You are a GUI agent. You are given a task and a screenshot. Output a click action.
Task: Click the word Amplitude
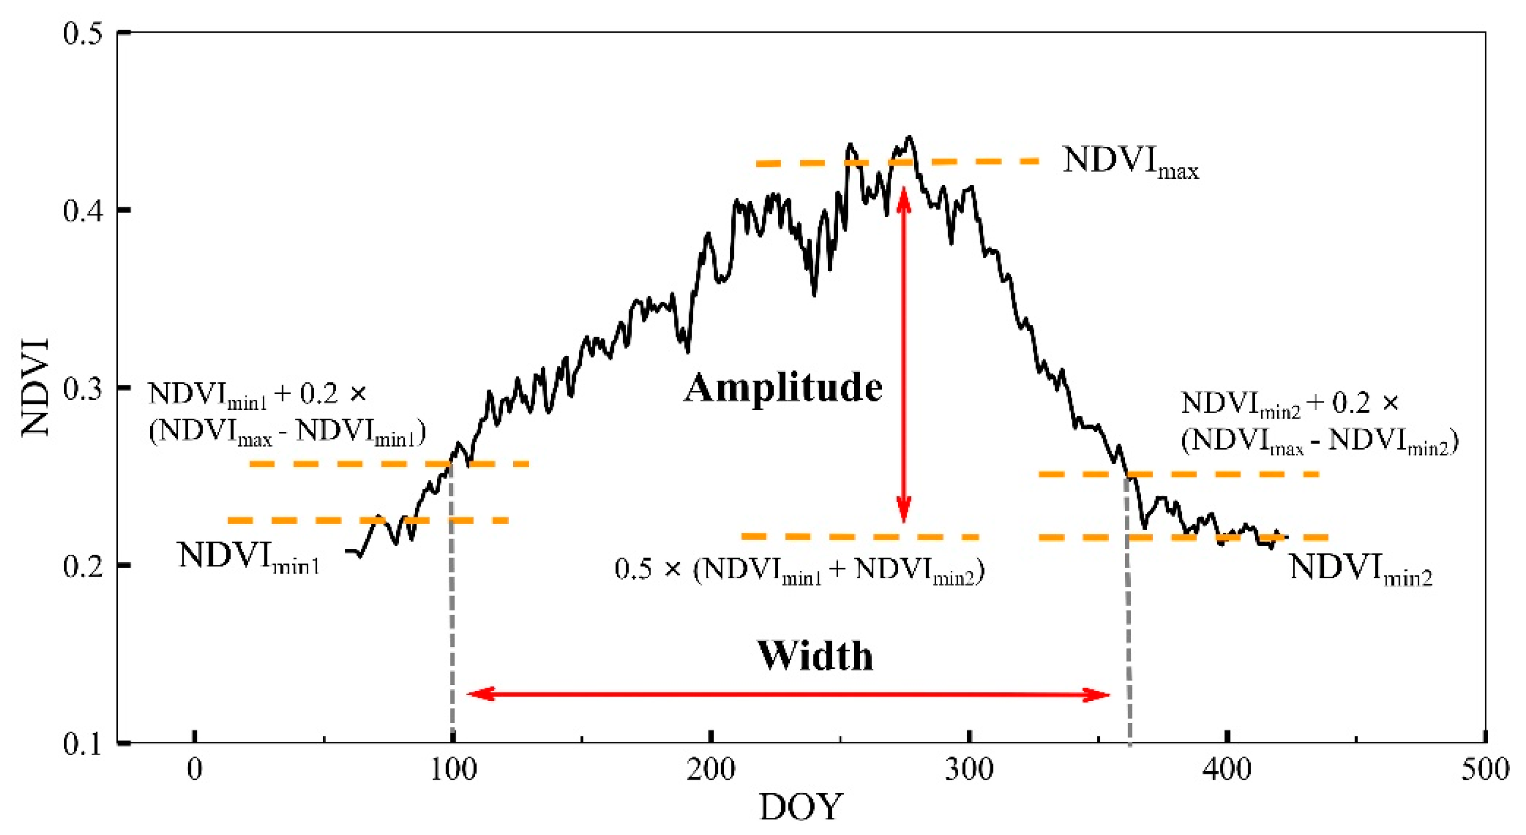pyautogui.click(x=783, y=389)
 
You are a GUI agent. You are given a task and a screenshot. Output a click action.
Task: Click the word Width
pyautogui.click(x=815, y=656)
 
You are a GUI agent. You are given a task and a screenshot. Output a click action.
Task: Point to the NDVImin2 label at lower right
pyautogui.click(x=1360, y=569)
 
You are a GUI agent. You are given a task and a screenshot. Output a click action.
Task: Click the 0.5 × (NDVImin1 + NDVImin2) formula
pyautogui.click(x=799, y=570)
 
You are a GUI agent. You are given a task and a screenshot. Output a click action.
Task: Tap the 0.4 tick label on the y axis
pyautogui.click(x=83, y=211)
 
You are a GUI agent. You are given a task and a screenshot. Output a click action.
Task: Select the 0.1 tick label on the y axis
pyautogui.click(x=83, y=744)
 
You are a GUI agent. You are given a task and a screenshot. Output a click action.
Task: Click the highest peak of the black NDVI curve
pyautogui.click(x=910, y=137)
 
